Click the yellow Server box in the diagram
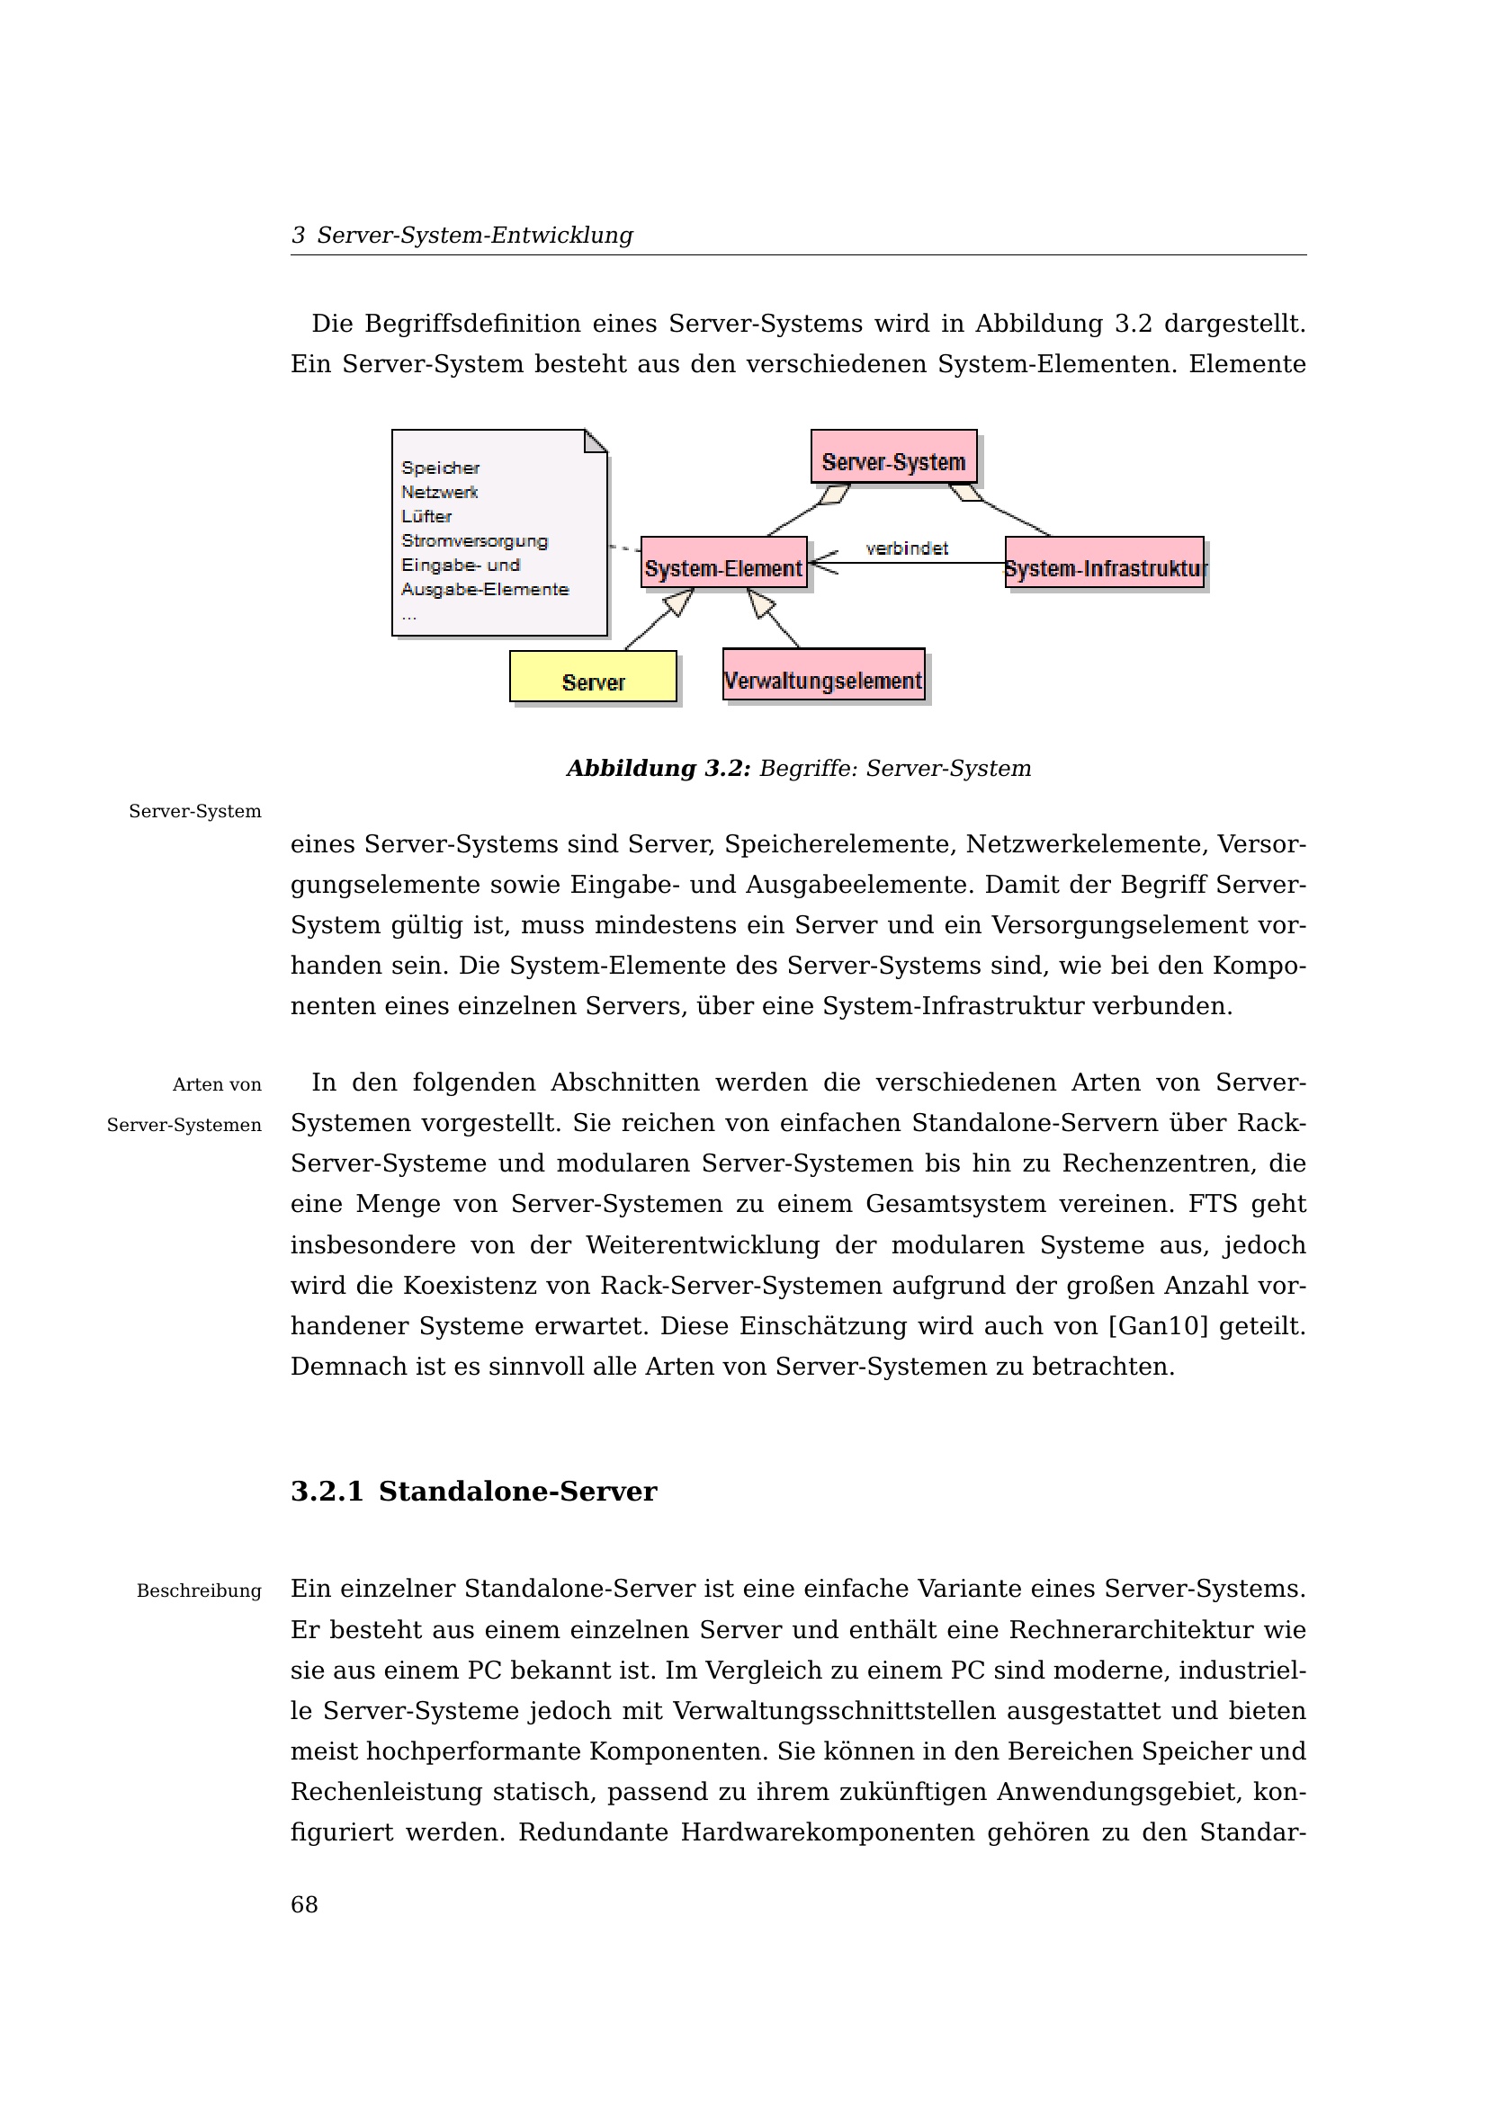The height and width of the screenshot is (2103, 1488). tap(593, 677)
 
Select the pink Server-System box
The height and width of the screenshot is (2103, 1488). tap(893, 456)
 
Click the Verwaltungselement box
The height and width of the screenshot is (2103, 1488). tap(823, 675)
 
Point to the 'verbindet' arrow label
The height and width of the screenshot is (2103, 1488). tap(906, 548)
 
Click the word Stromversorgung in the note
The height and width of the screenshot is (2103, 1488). tap(475, 540)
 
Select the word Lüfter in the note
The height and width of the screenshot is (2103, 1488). tap(426, 517)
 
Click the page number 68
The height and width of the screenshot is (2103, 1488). tap(304, 1905)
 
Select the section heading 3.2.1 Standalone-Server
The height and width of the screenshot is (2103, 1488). tap(474, 1491)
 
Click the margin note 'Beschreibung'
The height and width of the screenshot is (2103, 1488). tap(199, 1591)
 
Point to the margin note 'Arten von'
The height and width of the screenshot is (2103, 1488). tap(217, 1085)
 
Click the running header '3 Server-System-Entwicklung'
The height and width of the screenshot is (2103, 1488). tap(462, 236)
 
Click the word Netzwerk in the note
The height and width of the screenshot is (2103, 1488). tap(440, 492)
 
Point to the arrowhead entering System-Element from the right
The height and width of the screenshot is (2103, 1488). tap(821, 562)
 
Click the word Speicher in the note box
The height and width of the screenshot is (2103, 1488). tap(440, 468)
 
